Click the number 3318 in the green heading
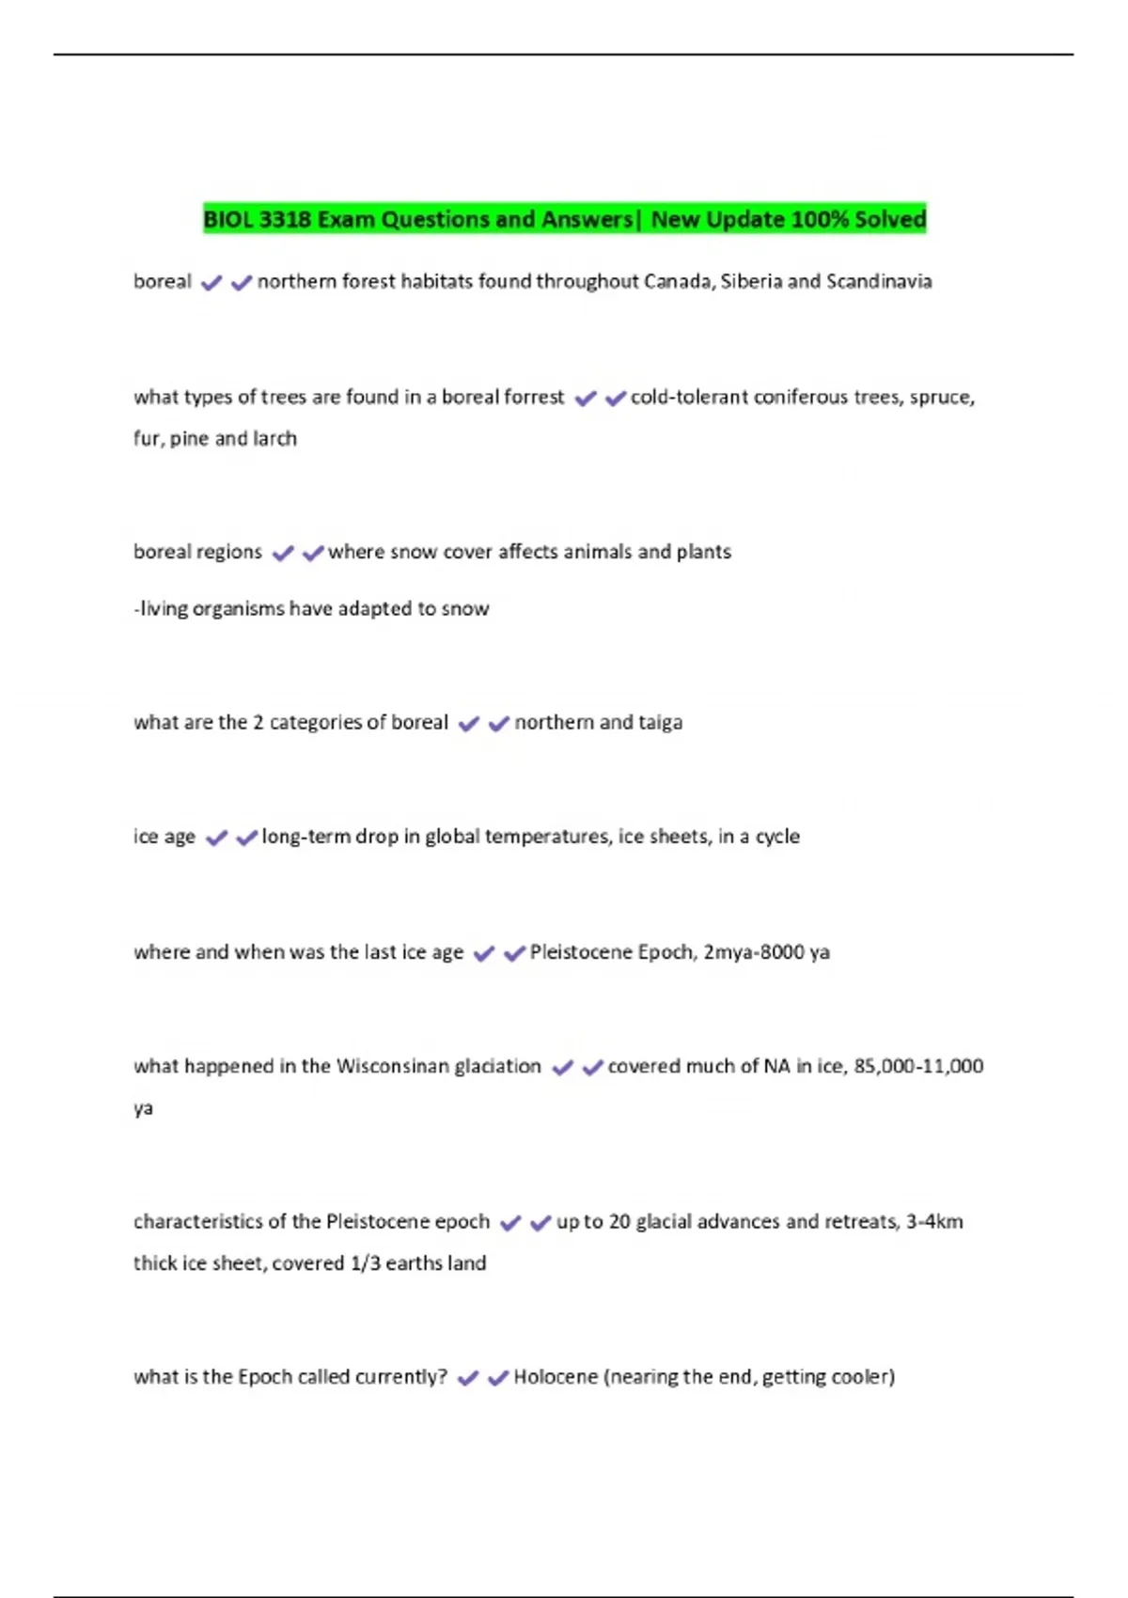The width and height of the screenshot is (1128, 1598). pos(284,220)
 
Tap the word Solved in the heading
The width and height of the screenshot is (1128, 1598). pos(890,220)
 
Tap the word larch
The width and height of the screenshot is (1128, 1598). pos(274,439)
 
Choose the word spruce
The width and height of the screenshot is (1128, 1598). pos(942,398)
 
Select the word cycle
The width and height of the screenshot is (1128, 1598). pos(777,837)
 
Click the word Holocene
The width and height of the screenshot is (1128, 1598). pos(556,1377)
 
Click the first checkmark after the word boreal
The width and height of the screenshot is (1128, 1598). pos(211,283)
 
